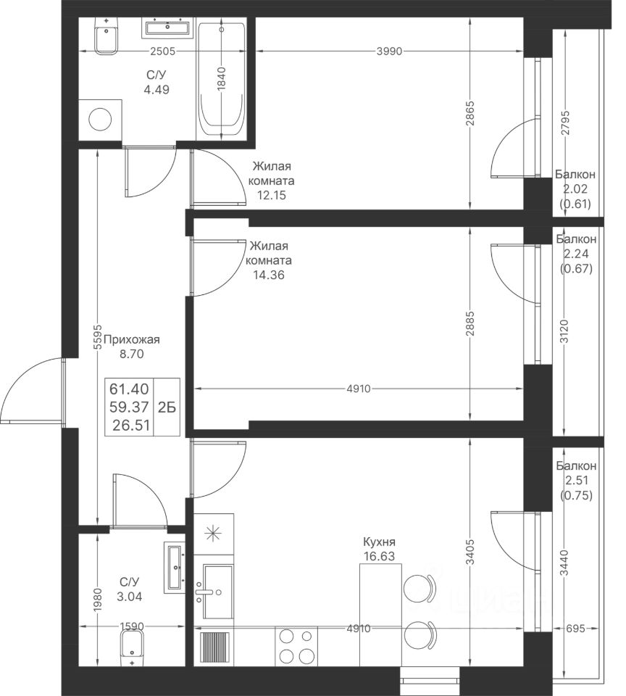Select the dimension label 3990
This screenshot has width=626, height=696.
[x=389, y=51]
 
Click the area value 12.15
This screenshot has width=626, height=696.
[x=271, y=195]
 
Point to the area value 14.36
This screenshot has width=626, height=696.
[x=268, y=275]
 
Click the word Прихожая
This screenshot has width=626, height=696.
[x=131, y=340]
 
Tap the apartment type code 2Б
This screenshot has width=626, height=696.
[x=167, y=407]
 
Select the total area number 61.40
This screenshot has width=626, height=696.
[x=129, y=389]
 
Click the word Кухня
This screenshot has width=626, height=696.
[x=379, y=542]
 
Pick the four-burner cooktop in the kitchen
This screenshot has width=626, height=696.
[x=296, y=646]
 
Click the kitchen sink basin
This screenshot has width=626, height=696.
[x=217, y=592]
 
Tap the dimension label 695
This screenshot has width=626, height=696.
[x=575, y=629]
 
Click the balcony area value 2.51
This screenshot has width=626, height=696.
[x=576, y=480]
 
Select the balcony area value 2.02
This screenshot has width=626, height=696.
[x=575, y=188]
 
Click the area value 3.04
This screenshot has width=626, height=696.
[x=130, y=597]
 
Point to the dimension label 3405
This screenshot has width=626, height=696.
[x=470, y=552]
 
